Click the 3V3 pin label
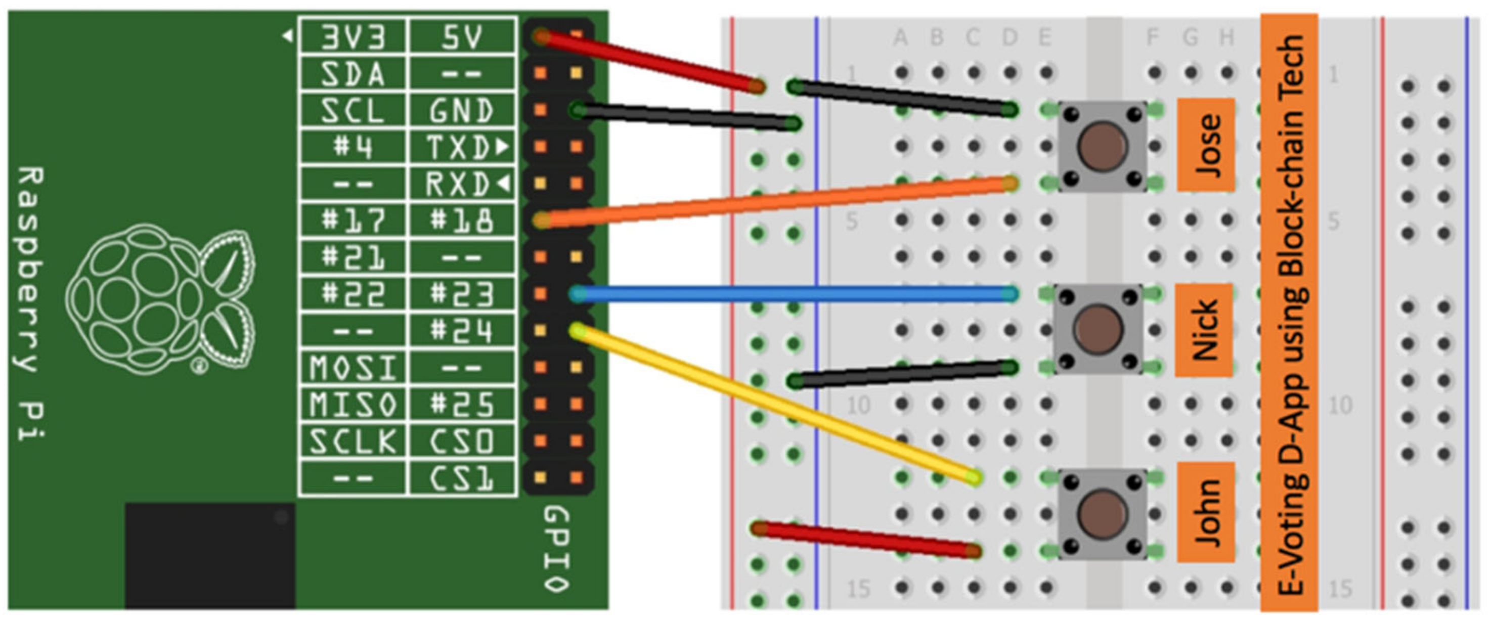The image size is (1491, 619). click(353, 37)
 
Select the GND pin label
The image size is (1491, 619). click(461, 110)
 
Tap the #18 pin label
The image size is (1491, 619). click(461, 220)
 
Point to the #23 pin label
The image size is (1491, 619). click(461, 294)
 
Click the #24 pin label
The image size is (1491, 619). click(461, 330)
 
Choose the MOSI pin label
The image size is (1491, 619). click(353, 367)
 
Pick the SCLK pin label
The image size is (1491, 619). click(353, 441)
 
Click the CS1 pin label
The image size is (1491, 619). click(461, 478)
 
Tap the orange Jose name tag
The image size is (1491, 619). click(1206, 145)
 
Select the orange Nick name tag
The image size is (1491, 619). click(1204, 330)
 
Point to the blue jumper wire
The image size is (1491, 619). click(793, 294)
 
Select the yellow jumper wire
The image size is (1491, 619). click(776, 404)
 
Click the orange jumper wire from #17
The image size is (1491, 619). click(776, 202)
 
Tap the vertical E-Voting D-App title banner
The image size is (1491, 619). click(1290, 313)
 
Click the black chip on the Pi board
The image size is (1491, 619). click(210, 555)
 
